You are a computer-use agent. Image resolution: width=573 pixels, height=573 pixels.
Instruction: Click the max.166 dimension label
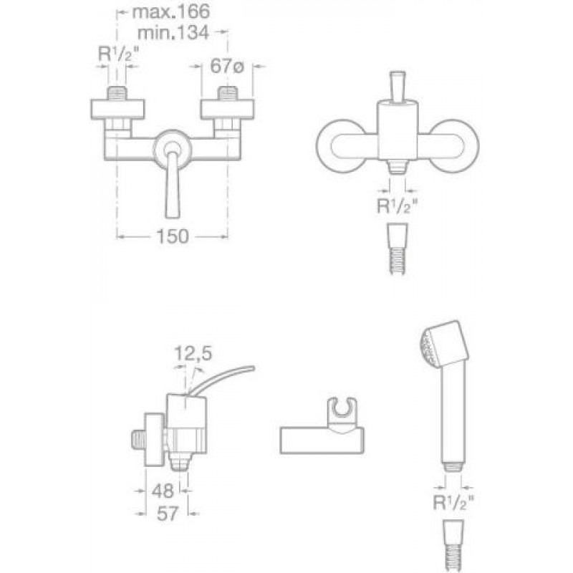pos(171,11)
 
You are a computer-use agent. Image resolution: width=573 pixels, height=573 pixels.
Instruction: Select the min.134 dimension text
pos(173,32)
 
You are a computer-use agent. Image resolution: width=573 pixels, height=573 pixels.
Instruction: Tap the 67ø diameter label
pos(227,67)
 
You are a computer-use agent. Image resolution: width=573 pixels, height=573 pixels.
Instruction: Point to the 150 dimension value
pos(173,236)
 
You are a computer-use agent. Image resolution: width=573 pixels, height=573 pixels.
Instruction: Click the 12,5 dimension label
pos(193,353)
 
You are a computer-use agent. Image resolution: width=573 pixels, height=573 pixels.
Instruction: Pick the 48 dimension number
pos(163,491)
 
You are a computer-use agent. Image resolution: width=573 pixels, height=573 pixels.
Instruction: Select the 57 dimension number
pos(168,514)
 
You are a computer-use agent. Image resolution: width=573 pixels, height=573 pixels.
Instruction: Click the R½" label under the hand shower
pos(453,503)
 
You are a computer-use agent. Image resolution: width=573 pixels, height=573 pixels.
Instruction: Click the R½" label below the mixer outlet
pos(397,206)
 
